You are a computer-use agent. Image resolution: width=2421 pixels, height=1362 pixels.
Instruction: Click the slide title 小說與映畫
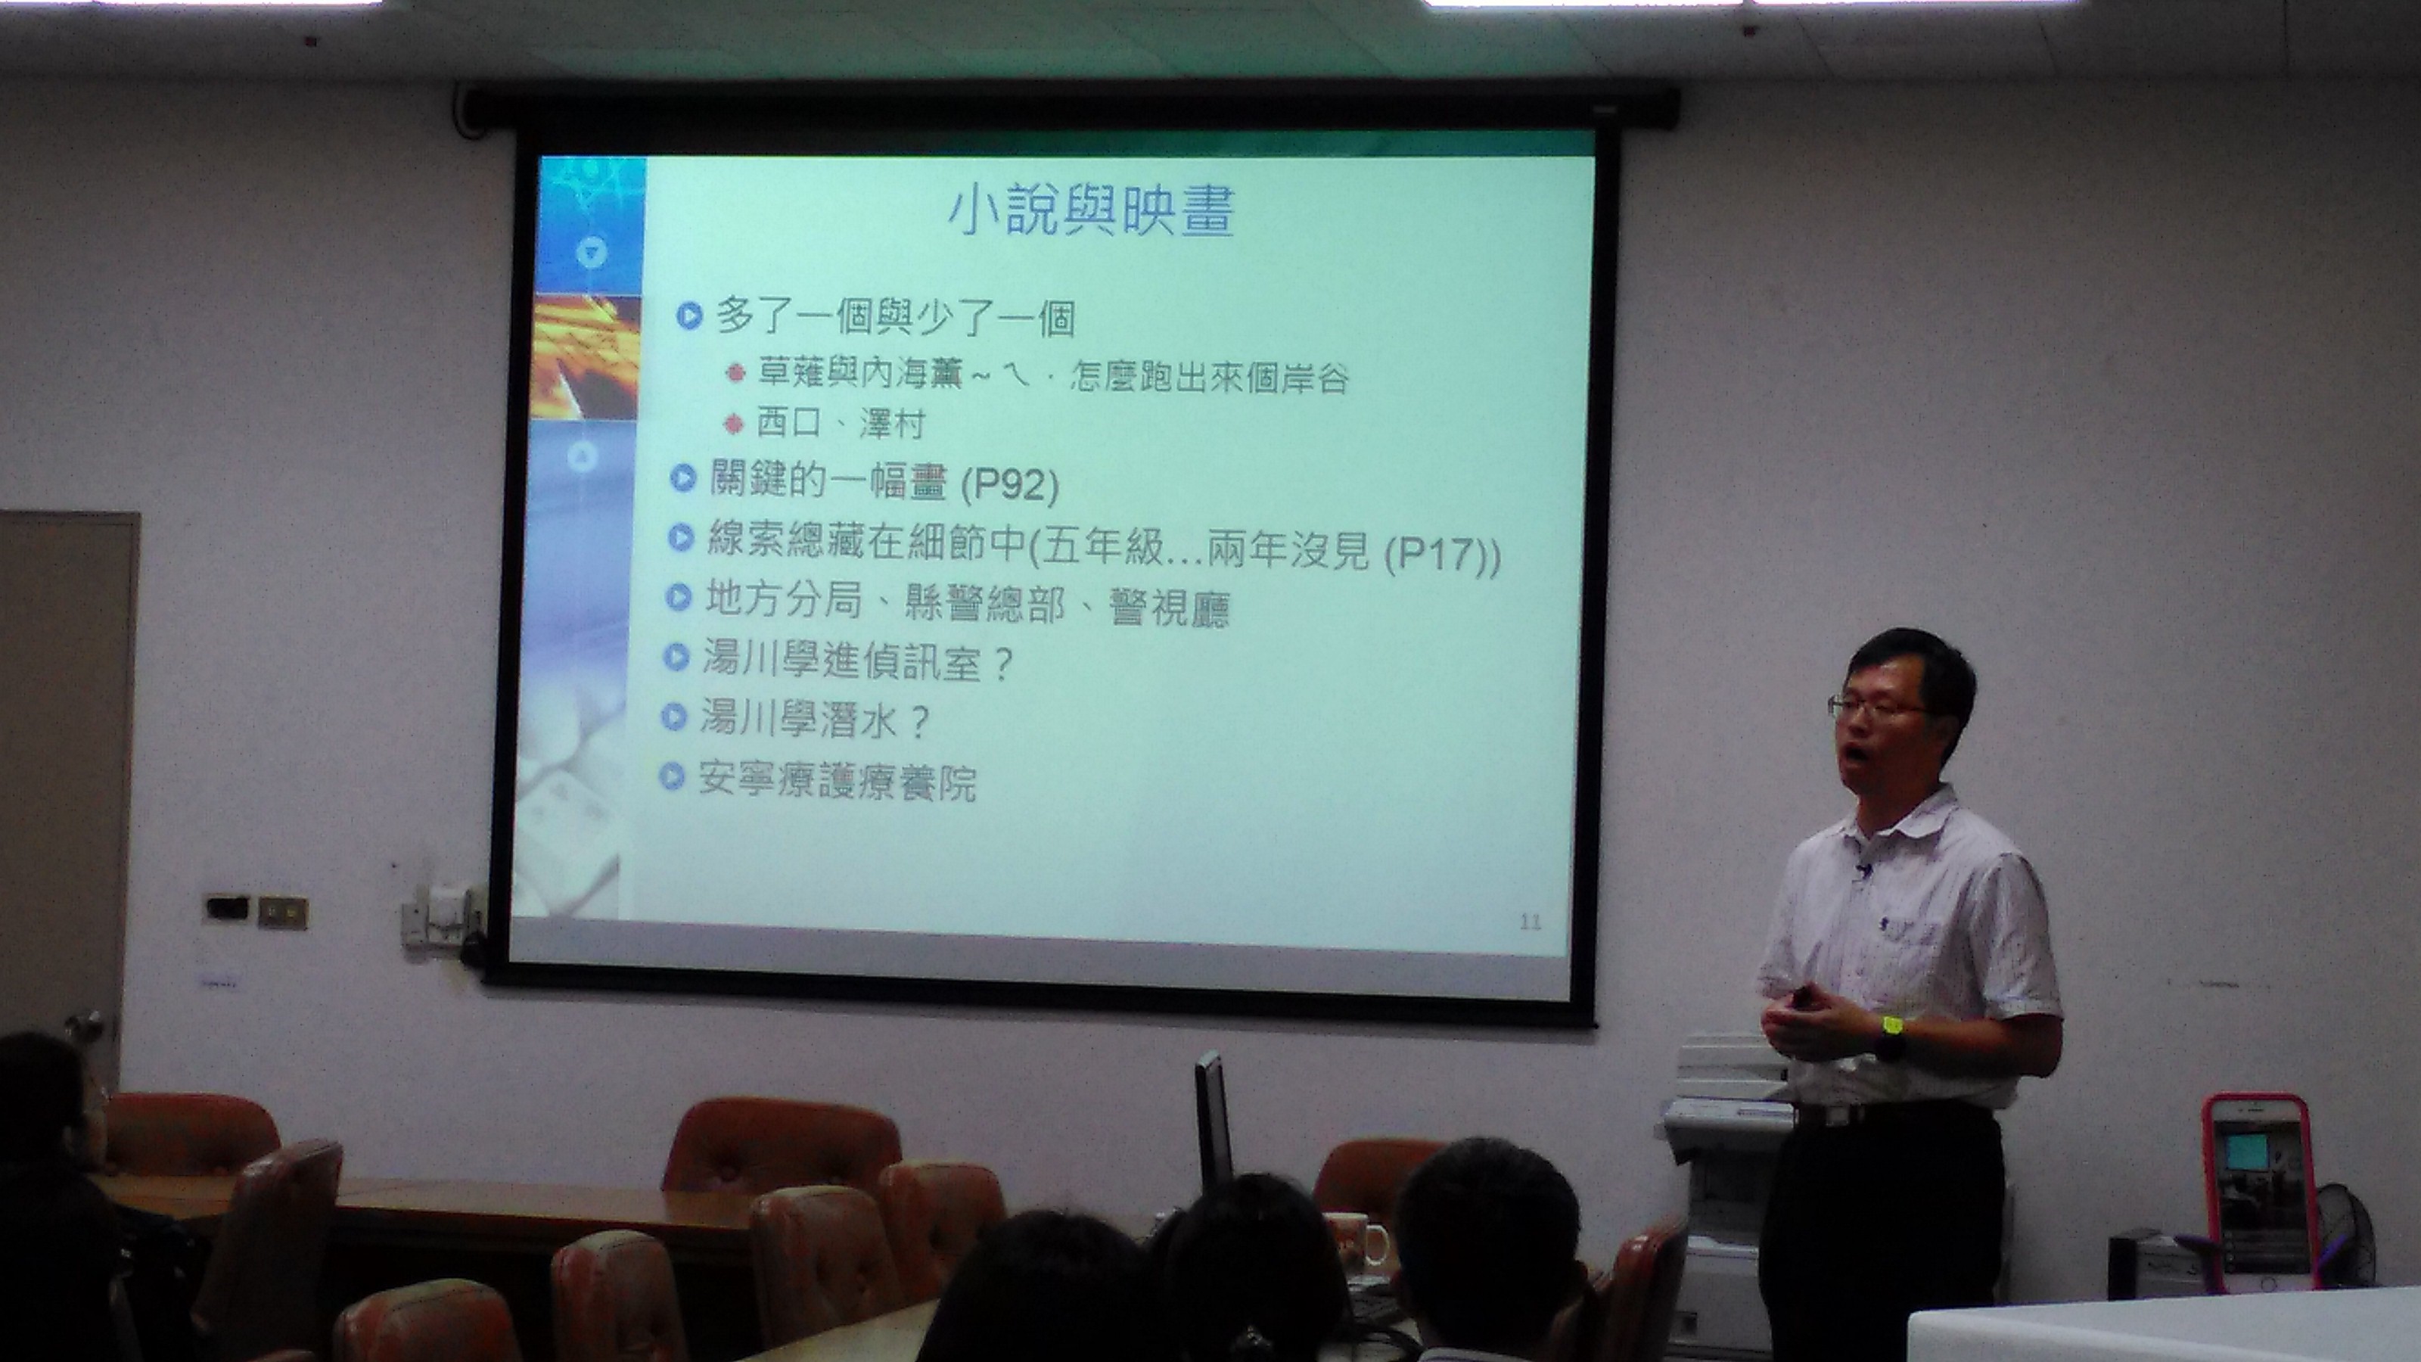click(1090, 213)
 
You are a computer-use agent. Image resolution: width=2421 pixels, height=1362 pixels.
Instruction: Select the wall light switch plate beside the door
click(283, 911)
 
